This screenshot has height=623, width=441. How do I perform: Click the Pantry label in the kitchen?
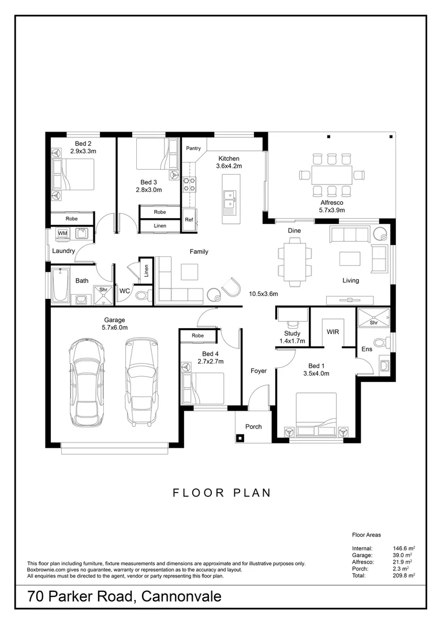pos(193,148)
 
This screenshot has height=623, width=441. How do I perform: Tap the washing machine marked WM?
pos(62,234)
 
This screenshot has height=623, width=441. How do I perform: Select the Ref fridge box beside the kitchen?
pos(189,219)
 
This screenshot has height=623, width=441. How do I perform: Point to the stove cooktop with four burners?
pos(189,185)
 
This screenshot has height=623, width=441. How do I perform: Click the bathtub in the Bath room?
pos(61,285)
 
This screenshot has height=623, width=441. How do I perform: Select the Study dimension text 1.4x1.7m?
pos(292,341)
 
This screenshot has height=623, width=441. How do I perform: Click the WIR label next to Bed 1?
pos(333,331)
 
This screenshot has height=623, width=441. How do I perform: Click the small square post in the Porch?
pos(240,438)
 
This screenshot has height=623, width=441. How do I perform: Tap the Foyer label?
pos(259,371)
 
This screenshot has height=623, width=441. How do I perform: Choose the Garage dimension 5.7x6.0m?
pos(114,328)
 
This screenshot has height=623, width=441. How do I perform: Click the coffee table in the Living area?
pos(350,258)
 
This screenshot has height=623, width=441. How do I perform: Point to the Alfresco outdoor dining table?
pos(332,175)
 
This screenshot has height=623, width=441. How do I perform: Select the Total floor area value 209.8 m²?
pos(404,575)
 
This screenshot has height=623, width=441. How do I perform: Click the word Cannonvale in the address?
pos(181,596)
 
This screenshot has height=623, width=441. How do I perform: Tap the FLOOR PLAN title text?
pos(222,493)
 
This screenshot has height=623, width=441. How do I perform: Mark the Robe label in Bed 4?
pos(197,336)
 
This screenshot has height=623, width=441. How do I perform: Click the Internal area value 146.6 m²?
pos(404,549)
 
